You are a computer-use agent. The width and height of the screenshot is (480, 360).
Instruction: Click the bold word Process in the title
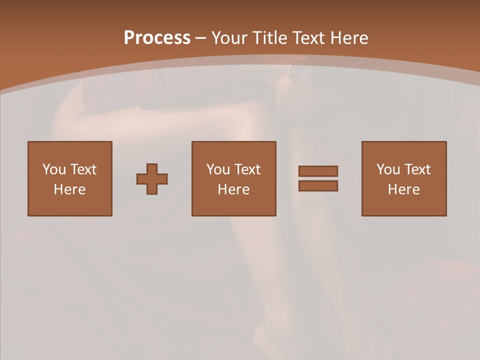(x=157, y=38)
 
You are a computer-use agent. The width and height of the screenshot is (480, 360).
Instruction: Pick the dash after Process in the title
(x=200, y=38)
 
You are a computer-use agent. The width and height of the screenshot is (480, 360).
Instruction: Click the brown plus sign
(x=152, y=179)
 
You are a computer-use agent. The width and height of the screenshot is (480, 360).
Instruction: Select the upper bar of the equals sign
(x=318, y=171)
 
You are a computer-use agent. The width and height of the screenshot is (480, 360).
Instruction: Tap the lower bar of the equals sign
(x=318, y=185)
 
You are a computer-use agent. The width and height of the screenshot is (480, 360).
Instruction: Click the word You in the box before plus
(x=54, y=169)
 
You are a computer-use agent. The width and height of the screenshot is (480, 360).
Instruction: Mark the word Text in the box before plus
(x=83, y=169)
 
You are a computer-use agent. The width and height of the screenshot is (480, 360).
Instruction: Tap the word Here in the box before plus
(x=70, y=189)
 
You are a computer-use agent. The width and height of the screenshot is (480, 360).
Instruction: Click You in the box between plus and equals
(x=218, y=169)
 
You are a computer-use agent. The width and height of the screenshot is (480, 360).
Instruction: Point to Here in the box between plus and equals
(x=234, y=189)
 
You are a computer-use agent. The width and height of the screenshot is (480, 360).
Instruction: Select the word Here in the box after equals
(x=404, y=189)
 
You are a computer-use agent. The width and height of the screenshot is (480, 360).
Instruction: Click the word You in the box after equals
(x=388, y=169)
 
